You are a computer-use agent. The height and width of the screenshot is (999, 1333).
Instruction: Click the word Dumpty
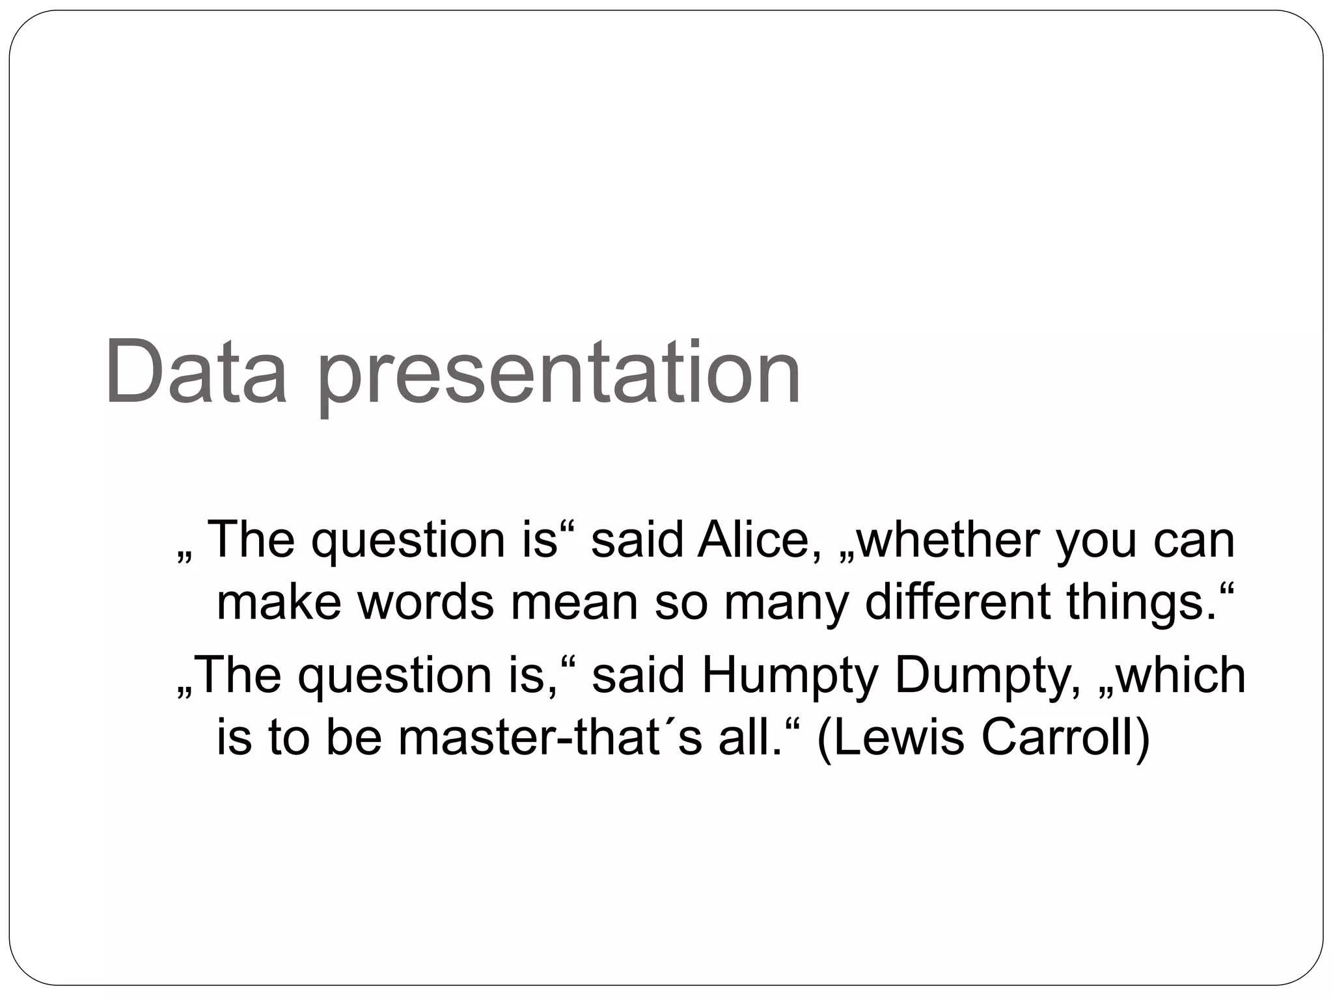coord(983,676)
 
